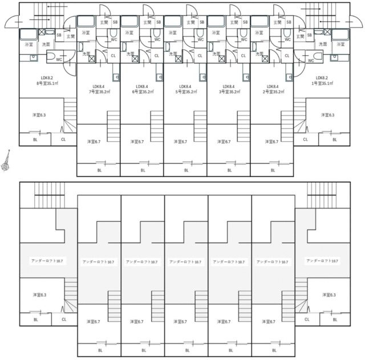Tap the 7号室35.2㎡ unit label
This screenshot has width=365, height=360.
coord(99,91)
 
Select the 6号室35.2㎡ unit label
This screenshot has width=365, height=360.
coord(142,91)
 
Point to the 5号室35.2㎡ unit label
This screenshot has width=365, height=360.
coord(185,91)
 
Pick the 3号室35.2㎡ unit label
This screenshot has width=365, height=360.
coord(229,91)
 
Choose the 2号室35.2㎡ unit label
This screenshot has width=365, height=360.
coord(273,91)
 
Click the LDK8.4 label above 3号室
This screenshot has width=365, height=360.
coord(229,85)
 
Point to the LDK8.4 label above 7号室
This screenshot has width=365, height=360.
coord(99,85)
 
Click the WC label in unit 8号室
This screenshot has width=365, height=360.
coord(59,59)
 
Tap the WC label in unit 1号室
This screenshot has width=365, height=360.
coord(311,59)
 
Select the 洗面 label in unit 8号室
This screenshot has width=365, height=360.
coord(46,44)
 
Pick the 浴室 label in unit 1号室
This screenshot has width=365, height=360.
coord(340,44)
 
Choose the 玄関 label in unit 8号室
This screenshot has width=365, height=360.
coord(70,36)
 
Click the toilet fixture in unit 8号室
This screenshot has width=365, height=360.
coord(49,59)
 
